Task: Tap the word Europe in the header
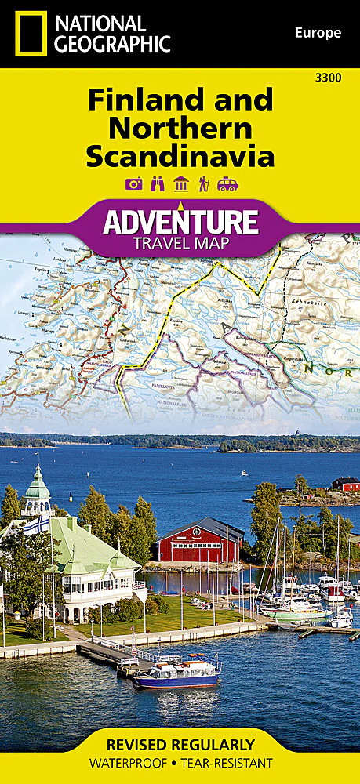pos(318,33)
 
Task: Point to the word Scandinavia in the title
pos(180,154)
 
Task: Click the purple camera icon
pos(133,184)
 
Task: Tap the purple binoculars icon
pos(156,184)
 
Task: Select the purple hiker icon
pos(204,184)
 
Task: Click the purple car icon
pos(227,184)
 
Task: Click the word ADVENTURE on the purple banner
pos(180,221)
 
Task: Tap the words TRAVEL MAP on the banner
pos(180,242)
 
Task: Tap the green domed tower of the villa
pos(36,491)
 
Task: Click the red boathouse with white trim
pos(201,542)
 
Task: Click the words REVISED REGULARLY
pos(180,745)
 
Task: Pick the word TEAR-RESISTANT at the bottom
pos(227,763)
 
